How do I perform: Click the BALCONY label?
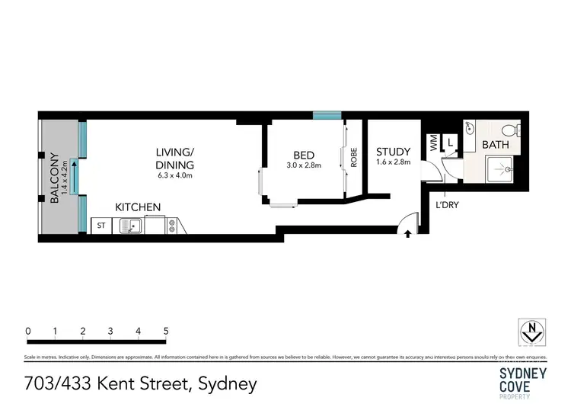pyautogui.click(x=54, y=178)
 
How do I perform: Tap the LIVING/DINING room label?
pyautogui.click(x=174, y=159)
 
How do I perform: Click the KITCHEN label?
pyautogui.click(x=137, y=207)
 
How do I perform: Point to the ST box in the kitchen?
pyautogui.click(x=100, y=226)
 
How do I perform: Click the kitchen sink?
pyautogui.click(x=131, y=226)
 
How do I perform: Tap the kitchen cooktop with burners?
pyautogui.click(x=172, y=226)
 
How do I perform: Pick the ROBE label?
pyautogui.click(x=353, y=157)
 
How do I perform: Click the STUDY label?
pyautogui.click(x=393, y=152)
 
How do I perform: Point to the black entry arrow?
pyautogui.click(x=408, y=234)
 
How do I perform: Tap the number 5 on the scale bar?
pyautogui.click(x=166, y=332)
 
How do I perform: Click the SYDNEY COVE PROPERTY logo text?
pyautogui.click(x=523, y=379)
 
